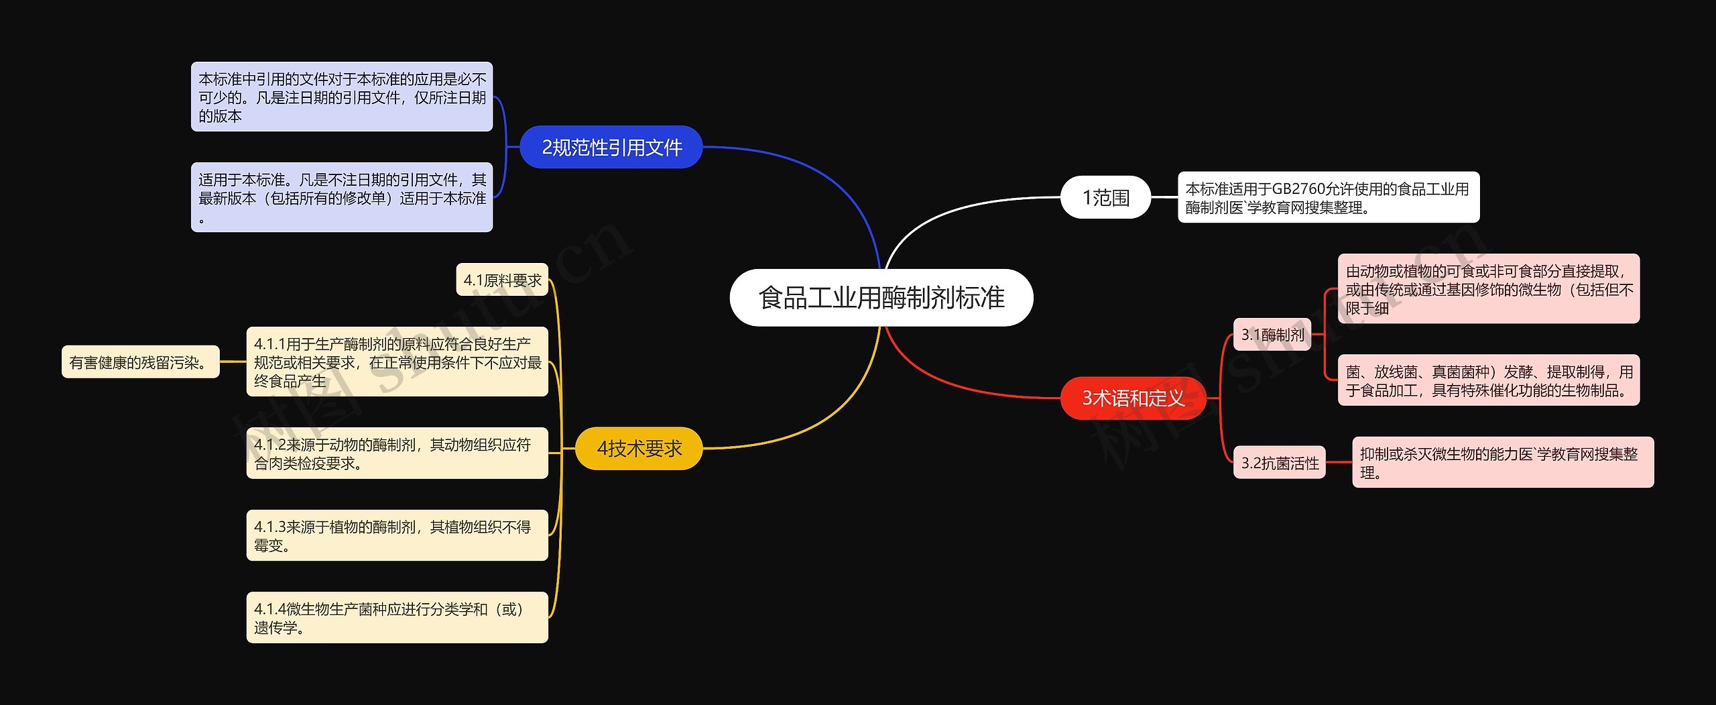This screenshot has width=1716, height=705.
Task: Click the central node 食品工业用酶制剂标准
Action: click(x=881, y=298)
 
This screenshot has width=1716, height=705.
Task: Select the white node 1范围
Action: click(x=1105, y=197)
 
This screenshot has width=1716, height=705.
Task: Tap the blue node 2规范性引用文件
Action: click(x=611, y=147)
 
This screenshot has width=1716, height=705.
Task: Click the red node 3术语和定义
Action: click(x=1133, y=398)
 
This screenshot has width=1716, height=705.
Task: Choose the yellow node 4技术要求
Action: click(x=639, y=448)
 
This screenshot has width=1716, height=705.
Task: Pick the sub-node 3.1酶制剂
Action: click(x=1272, y=335)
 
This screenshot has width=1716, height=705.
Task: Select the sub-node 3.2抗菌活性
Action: click(x=1279, y=463)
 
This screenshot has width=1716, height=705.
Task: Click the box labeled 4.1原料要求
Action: click(x=502, y=280)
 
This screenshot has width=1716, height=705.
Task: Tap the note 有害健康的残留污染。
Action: click(x=140, y=362)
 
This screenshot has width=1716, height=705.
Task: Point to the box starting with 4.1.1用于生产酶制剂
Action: click(x=397, y=362)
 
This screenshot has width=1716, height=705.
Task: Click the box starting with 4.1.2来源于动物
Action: click(x=397, y=453)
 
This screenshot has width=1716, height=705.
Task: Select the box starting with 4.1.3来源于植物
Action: click(x=397, y=536)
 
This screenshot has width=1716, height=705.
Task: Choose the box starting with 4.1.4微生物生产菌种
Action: click(x=397, y=618)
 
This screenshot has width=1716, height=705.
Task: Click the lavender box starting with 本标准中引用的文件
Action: click(x=342, y=97)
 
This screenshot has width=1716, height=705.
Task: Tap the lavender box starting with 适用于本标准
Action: click(x=342, y=197)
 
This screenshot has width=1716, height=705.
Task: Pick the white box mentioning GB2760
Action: click(x=1328, y=198)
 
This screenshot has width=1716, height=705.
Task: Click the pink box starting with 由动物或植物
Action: click(x=1488, y=289)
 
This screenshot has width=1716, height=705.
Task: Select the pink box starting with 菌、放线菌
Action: click(x=1488, y=380)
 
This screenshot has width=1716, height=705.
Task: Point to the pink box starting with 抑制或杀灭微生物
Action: click(x=1502, y=463)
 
